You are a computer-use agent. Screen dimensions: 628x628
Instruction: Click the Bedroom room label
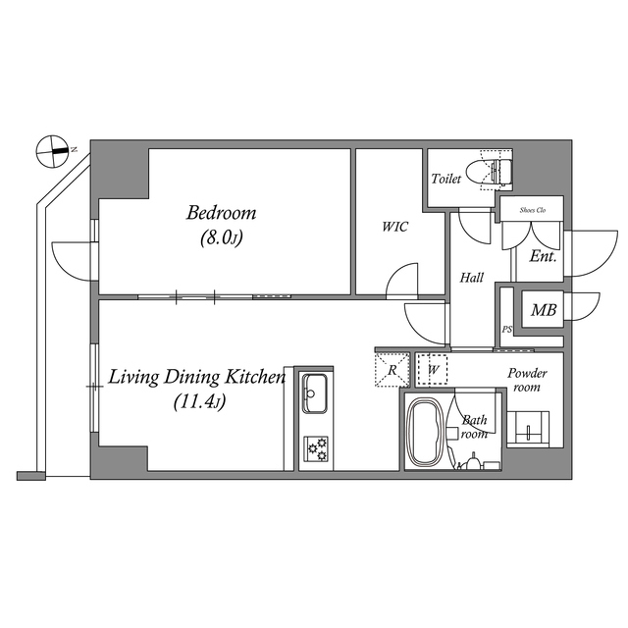pos(221,212)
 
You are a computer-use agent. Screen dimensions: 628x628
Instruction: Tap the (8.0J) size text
pos(221,236)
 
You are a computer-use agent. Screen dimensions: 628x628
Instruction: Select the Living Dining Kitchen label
pos(196,377)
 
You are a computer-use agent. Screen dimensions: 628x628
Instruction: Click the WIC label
pos(395,226)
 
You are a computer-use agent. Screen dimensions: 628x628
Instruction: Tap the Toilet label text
pos(446,180)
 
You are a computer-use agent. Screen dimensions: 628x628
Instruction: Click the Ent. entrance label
pos(543,258)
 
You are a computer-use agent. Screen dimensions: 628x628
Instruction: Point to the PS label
pos(506,330)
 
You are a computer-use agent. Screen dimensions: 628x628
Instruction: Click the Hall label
pos(472,279)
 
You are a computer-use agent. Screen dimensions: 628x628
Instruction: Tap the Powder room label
pos(527,381)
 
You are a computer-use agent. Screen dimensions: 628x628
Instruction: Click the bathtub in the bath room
pos(427,433)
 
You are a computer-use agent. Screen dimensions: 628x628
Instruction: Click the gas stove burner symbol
pos(317,449)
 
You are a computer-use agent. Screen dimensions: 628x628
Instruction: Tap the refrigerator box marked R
pos(392,370)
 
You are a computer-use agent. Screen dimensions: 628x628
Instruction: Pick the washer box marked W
pos(432,370)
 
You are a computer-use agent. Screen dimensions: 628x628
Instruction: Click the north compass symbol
pos(52,151)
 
